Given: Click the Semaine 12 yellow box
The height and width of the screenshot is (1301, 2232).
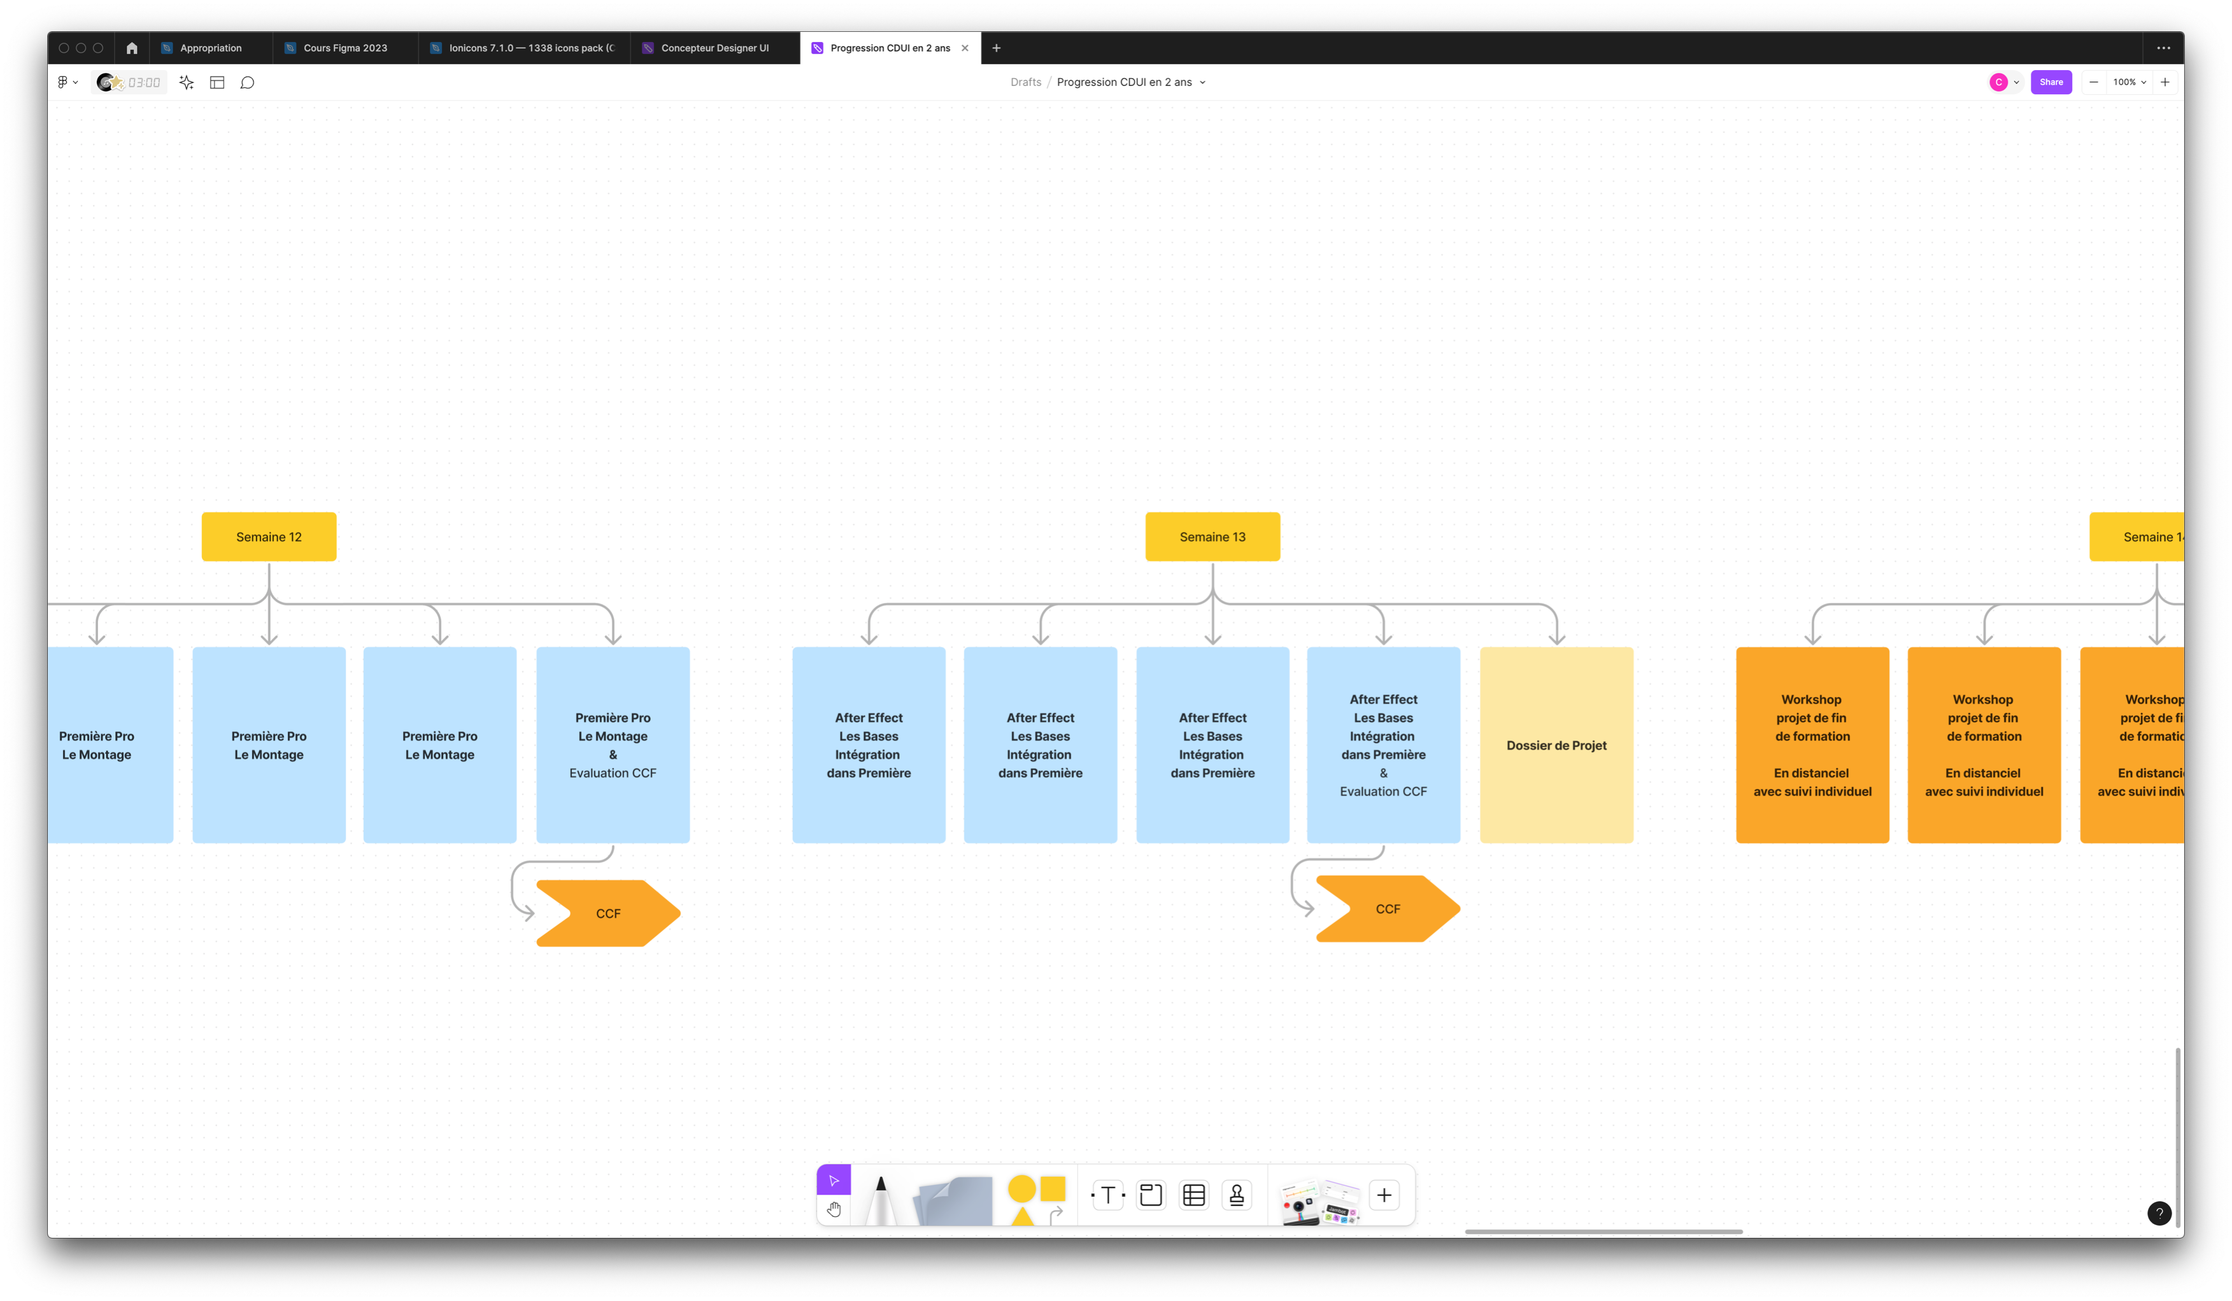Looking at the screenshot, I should (268, 537).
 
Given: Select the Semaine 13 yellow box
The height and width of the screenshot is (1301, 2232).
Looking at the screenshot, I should (1212, 537).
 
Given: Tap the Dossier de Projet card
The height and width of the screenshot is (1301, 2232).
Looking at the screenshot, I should (1555, 745).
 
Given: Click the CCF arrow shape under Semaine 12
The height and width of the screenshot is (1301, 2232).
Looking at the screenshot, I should (608, 913).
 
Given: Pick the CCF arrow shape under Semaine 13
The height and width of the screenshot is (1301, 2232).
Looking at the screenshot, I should (1387, 909).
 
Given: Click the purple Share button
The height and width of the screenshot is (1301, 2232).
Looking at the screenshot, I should (2051, 82).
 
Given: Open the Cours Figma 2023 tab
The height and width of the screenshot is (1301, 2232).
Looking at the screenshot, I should (345, 48).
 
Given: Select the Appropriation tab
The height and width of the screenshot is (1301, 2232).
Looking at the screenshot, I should (210, 48).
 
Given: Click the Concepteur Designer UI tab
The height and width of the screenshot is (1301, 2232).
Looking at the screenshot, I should (714, 48).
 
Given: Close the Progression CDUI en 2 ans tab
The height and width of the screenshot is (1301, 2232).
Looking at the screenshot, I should (965, 48).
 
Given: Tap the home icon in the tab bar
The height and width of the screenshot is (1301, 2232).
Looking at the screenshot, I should (132, 48).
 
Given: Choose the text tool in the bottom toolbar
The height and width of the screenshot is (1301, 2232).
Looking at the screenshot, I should (1107, 1195).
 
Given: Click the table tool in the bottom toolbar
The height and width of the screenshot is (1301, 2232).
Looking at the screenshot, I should (1193, 1195).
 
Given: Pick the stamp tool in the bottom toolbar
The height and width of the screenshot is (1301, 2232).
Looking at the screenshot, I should (1237, 1195).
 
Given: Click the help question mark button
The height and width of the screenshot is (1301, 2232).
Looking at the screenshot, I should (2159, 1213).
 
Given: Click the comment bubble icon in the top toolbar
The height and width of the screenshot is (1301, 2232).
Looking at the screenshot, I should (247, 82).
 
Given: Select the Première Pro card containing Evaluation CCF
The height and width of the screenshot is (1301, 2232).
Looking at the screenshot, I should (612, 745).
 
